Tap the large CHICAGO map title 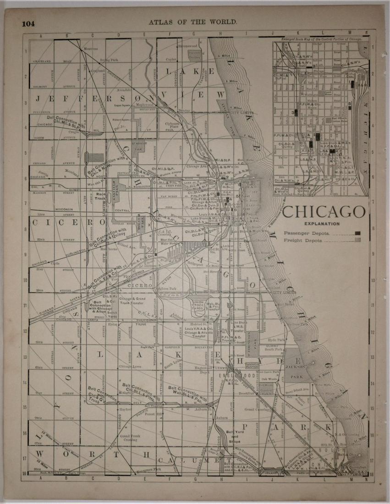coord(324,212)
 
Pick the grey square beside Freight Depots coord(357,240)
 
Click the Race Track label coord(101,196)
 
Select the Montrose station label coord(91,49)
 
